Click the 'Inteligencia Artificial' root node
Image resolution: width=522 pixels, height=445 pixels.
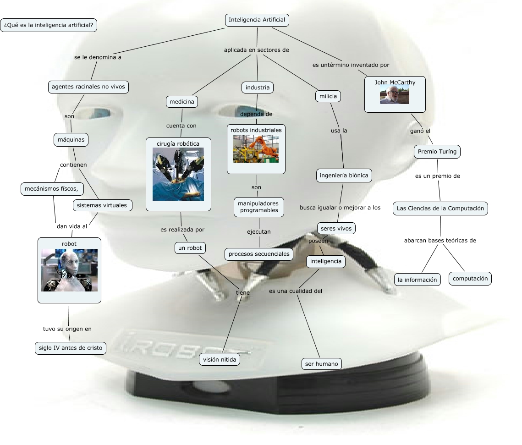[x=257, y=20]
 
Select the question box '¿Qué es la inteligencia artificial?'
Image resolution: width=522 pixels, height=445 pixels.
[x=49, y=25]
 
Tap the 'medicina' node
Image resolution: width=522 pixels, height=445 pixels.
[x=181, y=101]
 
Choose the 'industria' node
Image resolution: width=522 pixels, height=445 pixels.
[x=258, y=87]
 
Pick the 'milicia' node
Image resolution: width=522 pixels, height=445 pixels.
[x=328, y=96]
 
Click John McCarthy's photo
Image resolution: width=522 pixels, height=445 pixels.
[x=394, y=95]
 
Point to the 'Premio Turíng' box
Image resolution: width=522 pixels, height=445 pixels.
[x=437, y=151]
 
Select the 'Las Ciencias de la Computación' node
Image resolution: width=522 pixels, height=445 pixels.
[x=440, y=208]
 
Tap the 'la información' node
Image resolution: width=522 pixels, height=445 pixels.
[x=417, y=279]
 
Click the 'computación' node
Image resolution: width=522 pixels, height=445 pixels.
[x=470, y=278]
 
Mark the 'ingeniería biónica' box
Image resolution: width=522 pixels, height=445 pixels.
[x=344, y=175]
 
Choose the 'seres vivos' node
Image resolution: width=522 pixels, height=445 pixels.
[x=336, y=228]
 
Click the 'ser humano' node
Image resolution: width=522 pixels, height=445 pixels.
[x=321, y=364]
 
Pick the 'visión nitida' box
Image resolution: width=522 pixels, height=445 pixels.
[x=220, y=360]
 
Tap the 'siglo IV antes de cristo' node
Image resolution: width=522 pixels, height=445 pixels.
[x=70, y=348]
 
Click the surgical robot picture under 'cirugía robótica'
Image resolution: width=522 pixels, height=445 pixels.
[x=178, y=175]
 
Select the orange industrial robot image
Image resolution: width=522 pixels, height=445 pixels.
[x=255, y=149]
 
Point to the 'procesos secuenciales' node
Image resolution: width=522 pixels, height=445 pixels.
[x=259, y=253]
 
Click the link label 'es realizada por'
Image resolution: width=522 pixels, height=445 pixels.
[x=182, y=230]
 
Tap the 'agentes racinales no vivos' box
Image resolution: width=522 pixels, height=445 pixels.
[x=88, y=87]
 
